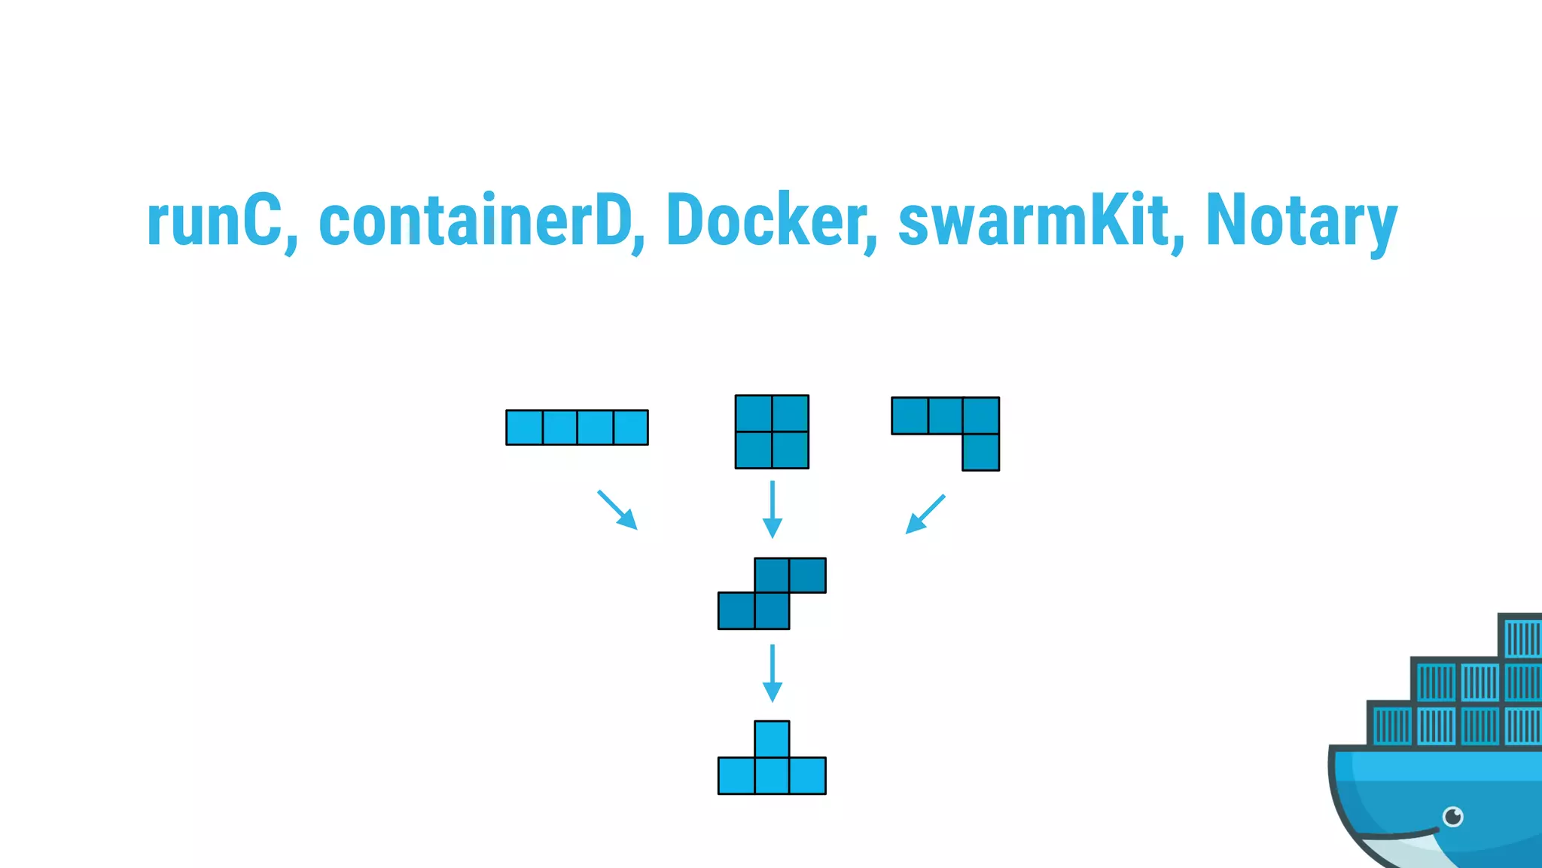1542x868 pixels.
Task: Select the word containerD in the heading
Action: pos(475,221)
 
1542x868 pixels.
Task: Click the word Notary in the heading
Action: pos(1301,221)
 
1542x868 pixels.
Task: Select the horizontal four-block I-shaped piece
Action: pos(577,427)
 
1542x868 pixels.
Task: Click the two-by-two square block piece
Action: pos(772,432)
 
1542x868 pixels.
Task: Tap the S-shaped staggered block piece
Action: pos(772,593)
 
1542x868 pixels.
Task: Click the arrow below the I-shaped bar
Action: pos(618,511)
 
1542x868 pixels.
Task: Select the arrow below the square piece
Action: pos(772,509)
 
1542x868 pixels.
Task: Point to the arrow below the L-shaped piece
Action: pos(925,514)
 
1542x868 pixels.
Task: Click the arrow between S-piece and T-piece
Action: pos(772,673)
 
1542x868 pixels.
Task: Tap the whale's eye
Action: pos(1452,816)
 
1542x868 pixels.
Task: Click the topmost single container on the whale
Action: pos(1521,637)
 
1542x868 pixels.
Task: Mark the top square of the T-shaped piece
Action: pos(772,739)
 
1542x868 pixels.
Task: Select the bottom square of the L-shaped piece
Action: pos(980,452)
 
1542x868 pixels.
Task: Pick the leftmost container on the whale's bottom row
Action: pos(1391,726)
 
